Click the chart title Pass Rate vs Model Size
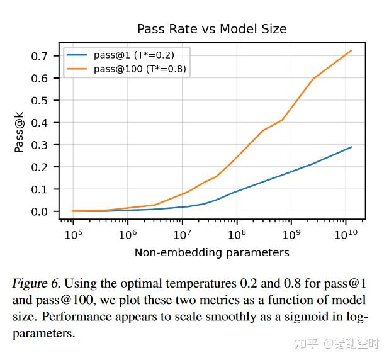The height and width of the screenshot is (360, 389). click(x=212, y=29)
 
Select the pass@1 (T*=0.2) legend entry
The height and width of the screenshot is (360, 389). click(x=133, y=55)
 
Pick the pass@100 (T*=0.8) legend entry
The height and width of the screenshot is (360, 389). click(x=140, y=69)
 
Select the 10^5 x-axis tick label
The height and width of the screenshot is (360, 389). click(x=73, y=235)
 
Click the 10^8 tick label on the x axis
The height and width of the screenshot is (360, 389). click(x=237, y=235)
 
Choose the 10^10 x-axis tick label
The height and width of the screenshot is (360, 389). click(x=346, y=235)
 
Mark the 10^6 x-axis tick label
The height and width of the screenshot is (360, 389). click(x=128, y=235)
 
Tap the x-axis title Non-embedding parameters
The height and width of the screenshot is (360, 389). click(x=212, y=252)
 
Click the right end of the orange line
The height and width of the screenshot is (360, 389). click(x=351, y=50)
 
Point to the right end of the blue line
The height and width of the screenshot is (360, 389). click(x=351, y=147)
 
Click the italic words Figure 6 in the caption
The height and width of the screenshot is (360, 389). click(x=36, y=284)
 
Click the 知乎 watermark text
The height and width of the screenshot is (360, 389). click(x=309, y=344)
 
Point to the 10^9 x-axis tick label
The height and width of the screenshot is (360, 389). click(x=291, y=235)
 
